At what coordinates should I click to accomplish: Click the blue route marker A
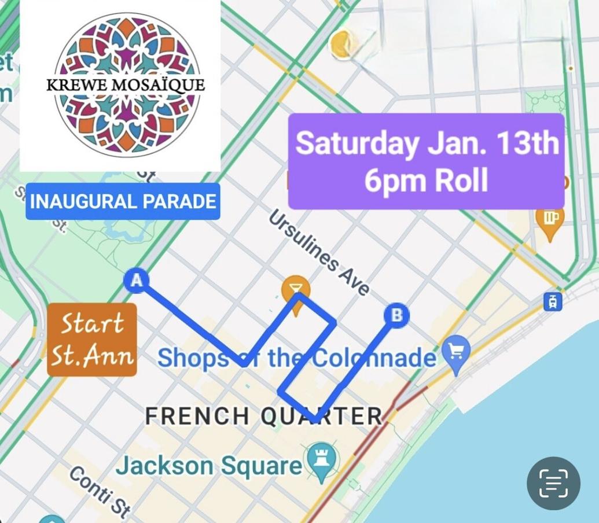[136, 281]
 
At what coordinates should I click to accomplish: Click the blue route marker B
[397, 315]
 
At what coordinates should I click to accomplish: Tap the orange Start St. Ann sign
[92, 340]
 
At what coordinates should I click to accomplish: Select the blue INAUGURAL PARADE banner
[123, 201]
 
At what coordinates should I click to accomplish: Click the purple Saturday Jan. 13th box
[426, 161]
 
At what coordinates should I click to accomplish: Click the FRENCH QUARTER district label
[263, 415]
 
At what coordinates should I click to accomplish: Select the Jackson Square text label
[209, 465]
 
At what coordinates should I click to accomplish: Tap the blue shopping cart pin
[456, 350]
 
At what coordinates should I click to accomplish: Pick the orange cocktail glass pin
[296, 289]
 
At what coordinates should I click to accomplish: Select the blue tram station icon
[552, 301]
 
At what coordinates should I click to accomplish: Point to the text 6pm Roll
[426, 180]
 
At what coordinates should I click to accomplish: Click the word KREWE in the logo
[76, 86]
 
